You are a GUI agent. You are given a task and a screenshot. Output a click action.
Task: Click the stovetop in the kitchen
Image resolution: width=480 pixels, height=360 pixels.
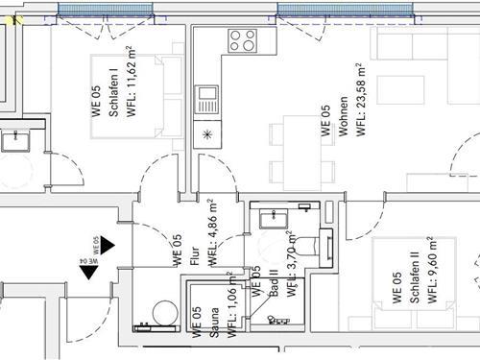(x=243, y=40)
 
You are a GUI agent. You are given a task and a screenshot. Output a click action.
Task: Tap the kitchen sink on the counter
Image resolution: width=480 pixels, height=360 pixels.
(x=206, y=99)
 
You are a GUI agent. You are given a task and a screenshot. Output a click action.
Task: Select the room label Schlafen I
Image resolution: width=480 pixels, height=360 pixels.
(x=113, y=93)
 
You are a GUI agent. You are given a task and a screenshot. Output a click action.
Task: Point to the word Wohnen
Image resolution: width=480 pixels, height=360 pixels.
(x=343, y=116)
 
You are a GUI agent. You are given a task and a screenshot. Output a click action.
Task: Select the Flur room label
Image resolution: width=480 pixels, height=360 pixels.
(x=195, y=256)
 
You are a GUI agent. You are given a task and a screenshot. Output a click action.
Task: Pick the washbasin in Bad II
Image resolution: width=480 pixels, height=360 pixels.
(x=274, y=218)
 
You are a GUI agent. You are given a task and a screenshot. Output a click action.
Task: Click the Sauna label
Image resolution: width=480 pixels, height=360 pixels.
(x=214, y=323)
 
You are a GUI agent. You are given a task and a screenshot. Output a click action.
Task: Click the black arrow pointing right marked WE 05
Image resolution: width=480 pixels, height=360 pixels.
(x=108, y=246)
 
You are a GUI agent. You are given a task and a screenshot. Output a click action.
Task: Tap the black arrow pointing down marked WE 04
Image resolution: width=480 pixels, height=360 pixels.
(x=88, y=273)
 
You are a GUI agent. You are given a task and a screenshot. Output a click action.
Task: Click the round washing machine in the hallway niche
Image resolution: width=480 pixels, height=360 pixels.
(x=165, y=313)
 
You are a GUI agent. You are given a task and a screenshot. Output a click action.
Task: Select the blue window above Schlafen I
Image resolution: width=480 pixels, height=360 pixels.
(x=106, y=9)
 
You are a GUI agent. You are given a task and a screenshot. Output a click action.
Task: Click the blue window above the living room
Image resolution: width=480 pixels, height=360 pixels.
(x=345, y=9)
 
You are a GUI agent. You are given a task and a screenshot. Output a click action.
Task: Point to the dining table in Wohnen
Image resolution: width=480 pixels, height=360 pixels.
(x=302, y=153)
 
